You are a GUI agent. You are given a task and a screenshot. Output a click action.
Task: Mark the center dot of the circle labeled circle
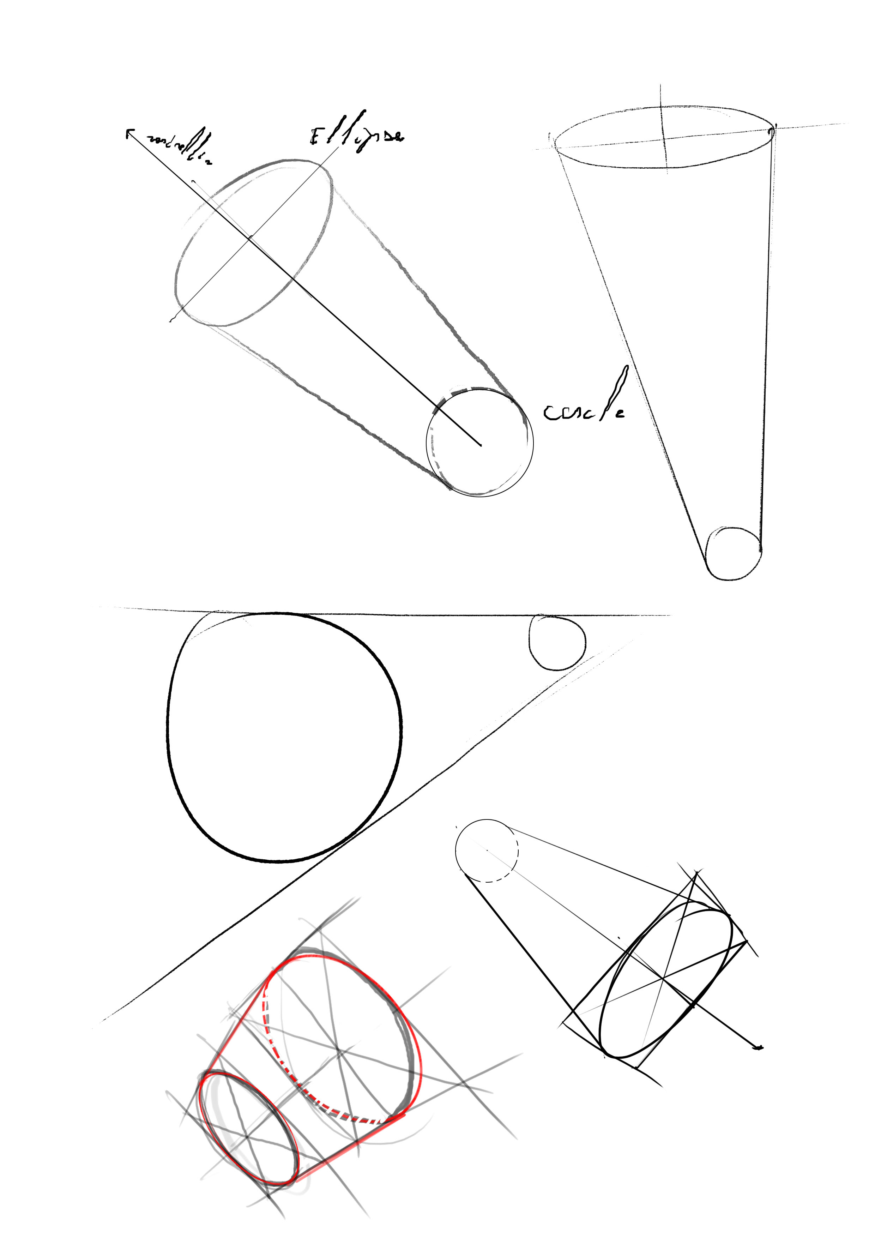pyautogui.click(x=480, y=445)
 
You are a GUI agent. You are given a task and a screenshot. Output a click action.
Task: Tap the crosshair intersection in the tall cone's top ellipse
pyautogui.click(x=664, y=138)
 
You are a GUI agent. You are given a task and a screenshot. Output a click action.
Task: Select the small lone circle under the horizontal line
pyautogui.click(x=557, y=642)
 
